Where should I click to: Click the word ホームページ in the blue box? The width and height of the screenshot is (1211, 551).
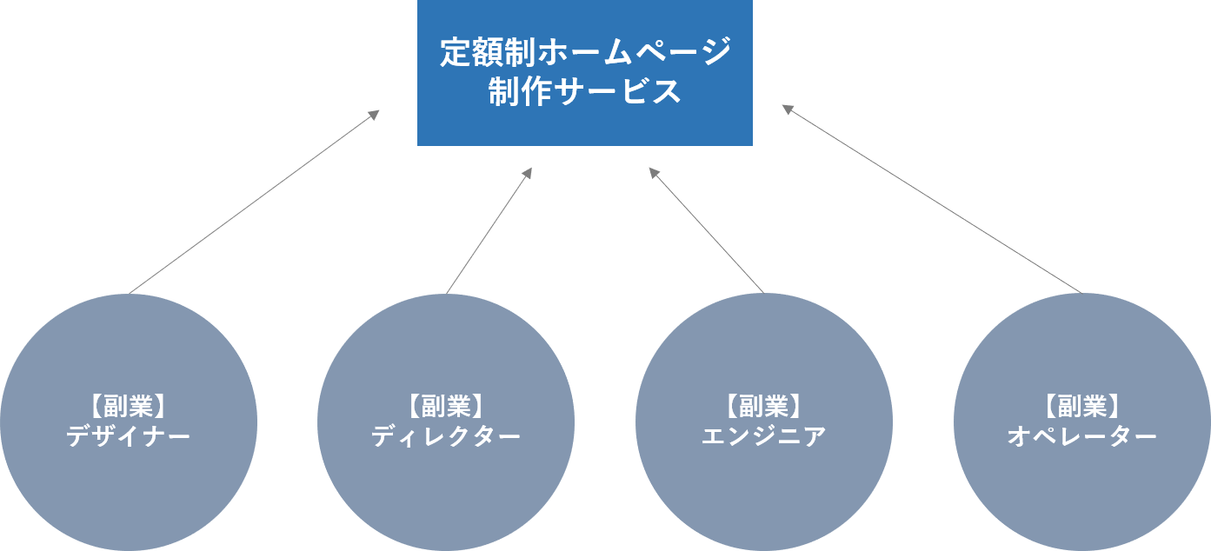click(x=633, y=52)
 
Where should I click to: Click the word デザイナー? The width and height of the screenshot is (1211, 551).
click(x=129, y=436)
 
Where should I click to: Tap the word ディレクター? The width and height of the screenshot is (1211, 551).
click(x=446, y=436)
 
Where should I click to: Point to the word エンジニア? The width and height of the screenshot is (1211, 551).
click(x=764, y=436)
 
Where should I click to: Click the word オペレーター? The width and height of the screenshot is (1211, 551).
click(x=1081, y=436)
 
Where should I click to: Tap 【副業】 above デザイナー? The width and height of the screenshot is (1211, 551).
click(x=129, y=406)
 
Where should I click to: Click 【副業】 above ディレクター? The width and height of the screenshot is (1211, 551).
click(x=446, y=406)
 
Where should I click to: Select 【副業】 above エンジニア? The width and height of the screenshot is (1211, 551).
click(x=764, y=406)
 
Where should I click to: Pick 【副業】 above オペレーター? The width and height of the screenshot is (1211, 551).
click(x=1081, y=406)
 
